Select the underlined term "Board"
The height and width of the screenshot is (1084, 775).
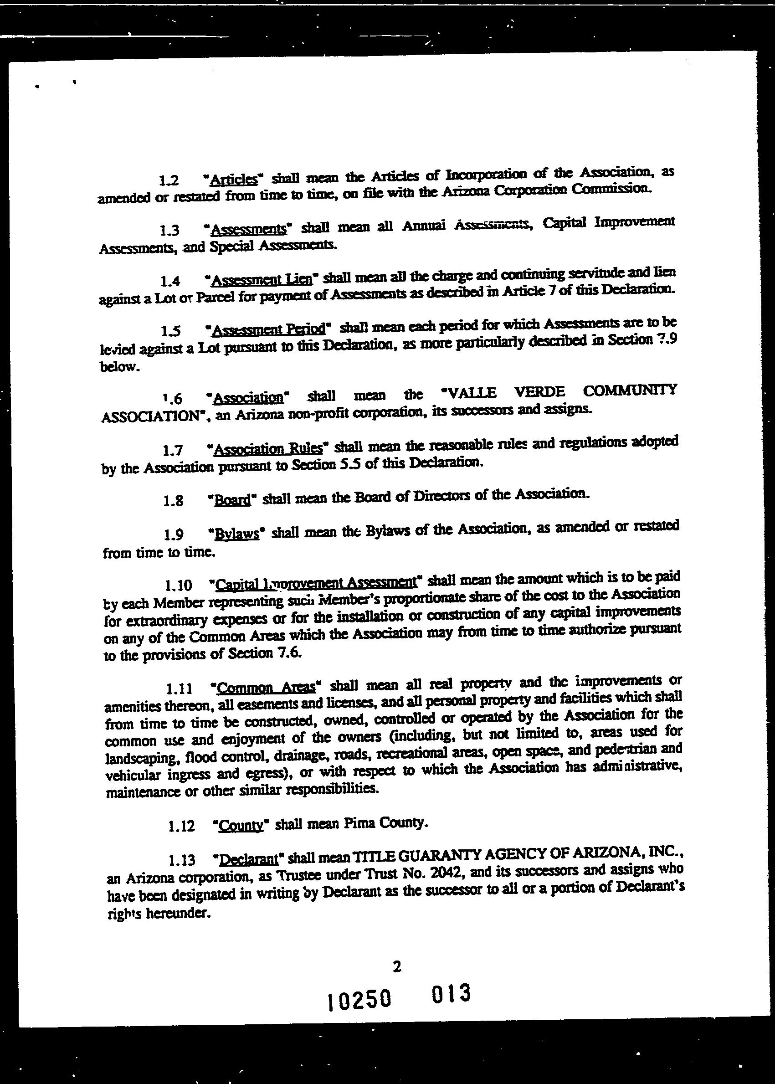click(x=232, y=500)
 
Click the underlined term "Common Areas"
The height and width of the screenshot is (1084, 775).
click(x=266, y=688)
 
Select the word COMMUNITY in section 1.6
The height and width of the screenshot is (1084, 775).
click(x=630, y=390)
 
